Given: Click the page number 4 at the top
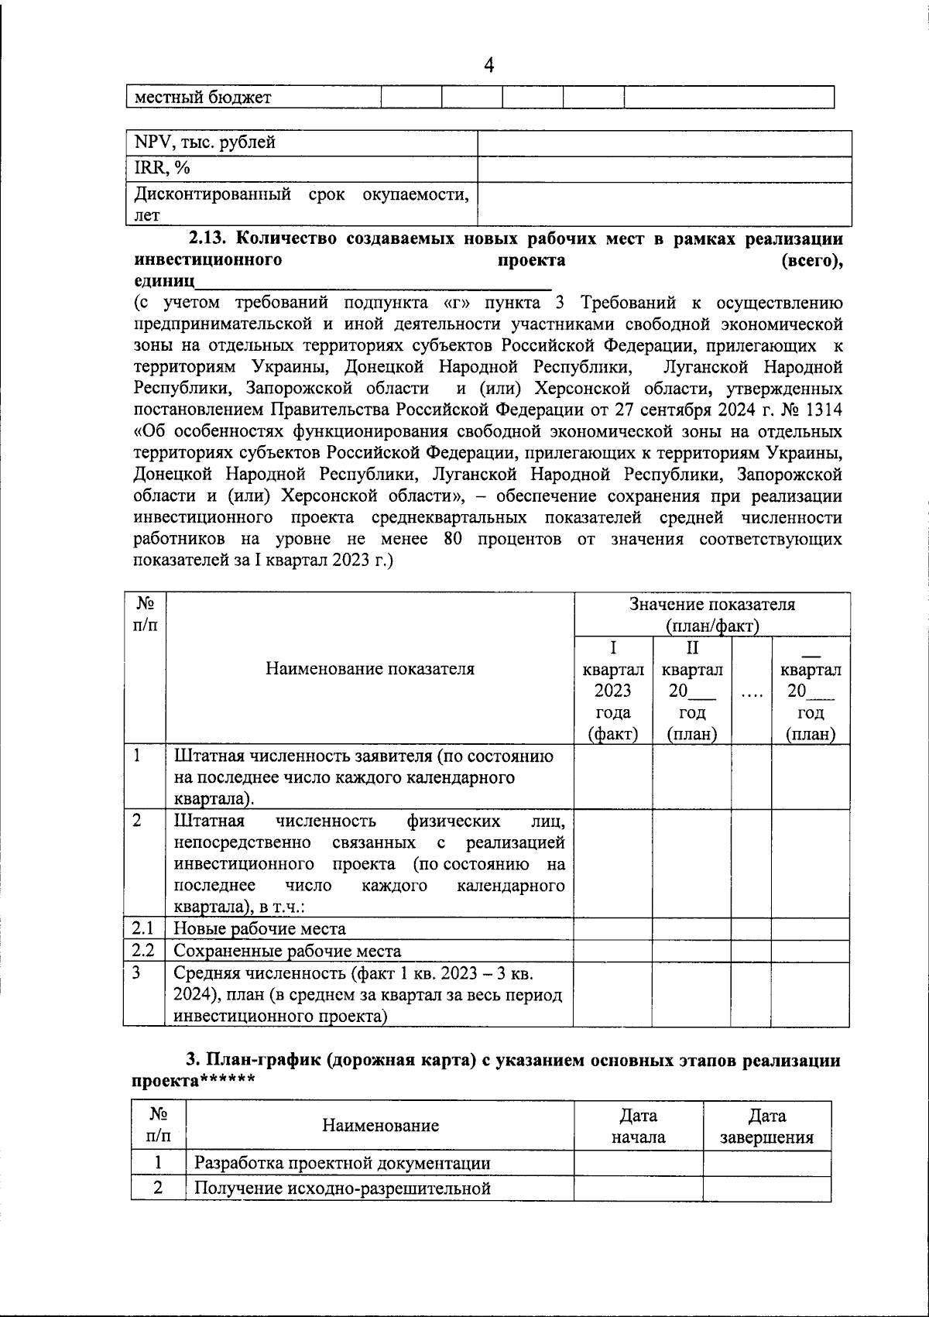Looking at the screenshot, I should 488,66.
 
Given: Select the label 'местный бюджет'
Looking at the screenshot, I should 203,98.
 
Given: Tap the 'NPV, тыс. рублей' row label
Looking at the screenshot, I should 205,142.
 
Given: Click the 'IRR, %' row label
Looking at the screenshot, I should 163,167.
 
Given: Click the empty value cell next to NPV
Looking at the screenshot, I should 664,143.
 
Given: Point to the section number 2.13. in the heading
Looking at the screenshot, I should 209,238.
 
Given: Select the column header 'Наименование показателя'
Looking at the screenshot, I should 370,669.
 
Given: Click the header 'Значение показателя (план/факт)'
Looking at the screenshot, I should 711,615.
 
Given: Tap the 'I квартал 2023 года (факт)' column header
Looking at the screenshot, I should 612,691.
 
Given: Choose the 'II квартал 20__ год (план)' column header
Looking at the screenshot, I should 692,691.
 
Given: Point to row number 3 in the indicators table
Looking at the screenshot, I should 136,972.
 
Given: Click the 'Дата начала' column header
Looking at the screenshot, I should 638,1127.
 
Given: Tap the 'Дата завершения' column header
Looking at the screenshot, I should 766,1127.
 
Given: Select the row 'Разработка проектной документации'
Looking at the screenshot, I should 341,1163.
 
